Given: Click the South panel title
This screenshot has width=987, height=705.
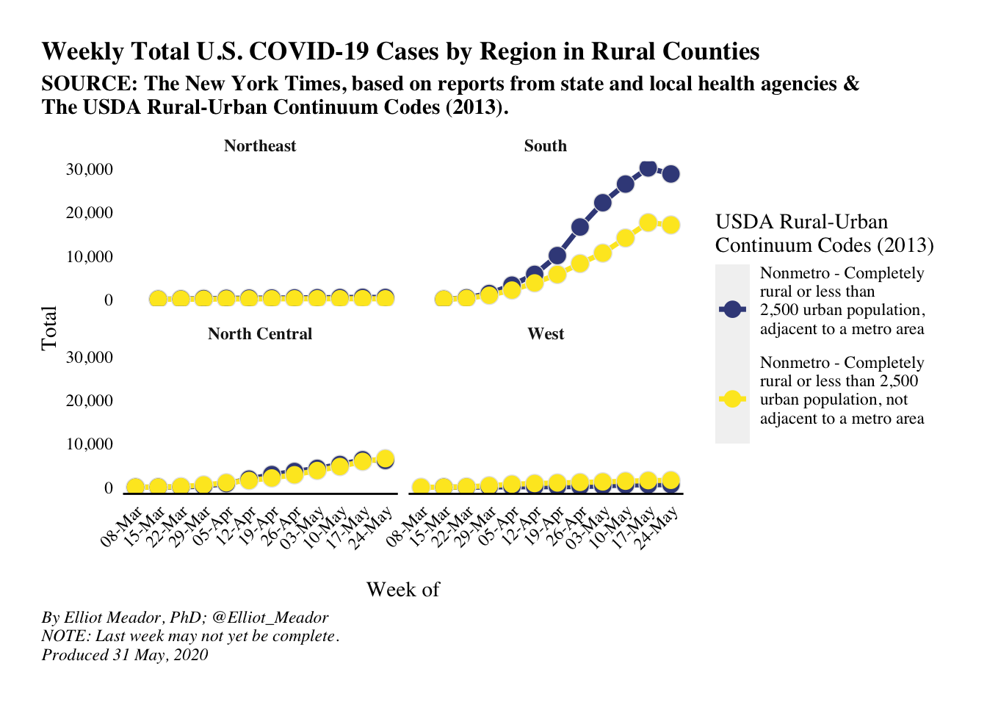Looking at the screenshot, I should coord(545,146).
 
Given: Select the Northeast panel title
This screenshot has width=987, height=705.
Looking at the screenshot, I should coord(260,146).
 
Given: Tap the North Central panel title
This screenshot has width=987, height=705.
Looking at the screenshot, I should coord(260,334).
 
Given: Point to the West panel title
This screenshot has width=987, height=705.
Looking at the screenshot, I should coord(546,334).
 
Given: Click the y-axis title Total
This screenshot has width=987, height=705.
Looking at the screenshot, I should coord(49,328).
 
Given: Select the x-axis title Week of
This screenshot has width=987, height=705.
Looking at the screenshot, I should coord(402,590).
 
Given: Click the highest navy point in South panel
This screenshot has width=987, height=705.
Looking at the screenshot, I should coord(648,168).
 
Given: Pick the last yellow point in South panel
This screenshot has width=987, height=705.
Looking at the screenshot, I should coord(670,225).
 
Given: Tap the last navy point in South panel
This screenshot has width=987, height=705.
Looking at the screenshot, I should coord(670,174).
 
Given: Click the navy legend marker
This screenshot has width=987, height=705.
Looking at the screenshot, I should coord(732,310).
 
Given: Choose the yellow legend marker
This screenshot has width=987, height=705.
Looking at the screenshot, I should coord(732,399).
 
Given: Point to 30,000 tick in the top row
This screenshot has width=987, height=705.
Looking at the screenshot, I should coord(90,170).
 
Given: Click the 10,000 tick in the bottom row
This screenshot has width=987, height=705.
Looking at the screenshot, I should coord(90,444).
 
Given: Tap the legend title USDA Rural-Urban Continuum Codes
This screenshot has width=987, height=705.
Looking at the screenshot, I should coord(824,234).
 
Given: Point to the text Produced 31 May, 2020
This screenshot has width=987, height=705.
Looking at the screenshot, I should coord(125,655).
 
